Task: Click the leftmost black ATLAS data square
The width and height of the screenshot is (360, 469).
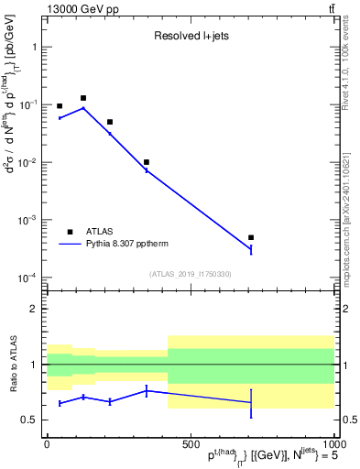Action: tap(60, 106)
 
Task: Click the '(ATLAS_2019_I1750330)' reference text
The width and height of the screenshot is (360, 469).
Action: tap(190, 274)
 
